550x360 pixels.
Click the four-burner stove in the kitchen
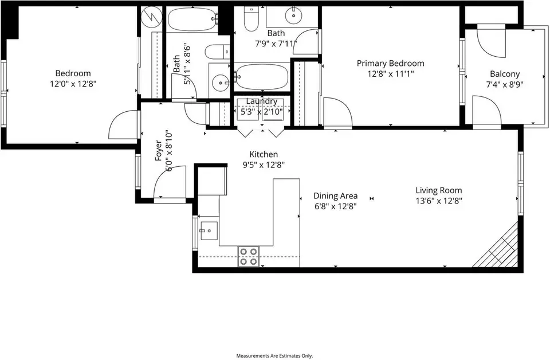[249, 256]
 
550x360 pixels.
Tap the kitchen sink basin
[209, 231]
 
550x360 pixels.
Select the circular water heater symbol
[151, 16]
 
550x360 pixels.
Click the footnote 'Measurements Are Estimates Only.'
[274, 356]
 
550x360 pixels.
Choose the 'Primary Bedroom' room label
[390, 64]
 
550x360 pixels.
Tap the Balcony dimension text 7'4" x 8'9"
[505, 85]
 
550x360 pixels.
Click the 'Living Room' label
[438, 190]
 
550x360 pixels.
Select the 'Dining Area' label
[336, 196]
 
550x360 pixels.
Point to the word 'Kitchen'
[264, 154]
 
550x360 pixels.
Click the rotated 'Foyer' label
[159, 151]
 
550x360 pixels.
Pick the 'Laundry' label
[262, 101]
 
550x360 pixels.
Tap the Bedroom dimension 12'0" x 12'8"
[73, 84]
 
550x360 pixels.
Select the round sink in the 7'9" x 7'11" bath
[293, 15]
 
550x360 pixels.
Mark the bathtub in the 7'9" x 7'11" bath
[261, 77]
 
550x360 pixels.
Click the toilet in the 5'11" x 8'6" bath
[217, 52]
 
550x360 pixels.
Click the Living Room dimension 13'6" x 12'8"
[439, 201]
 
